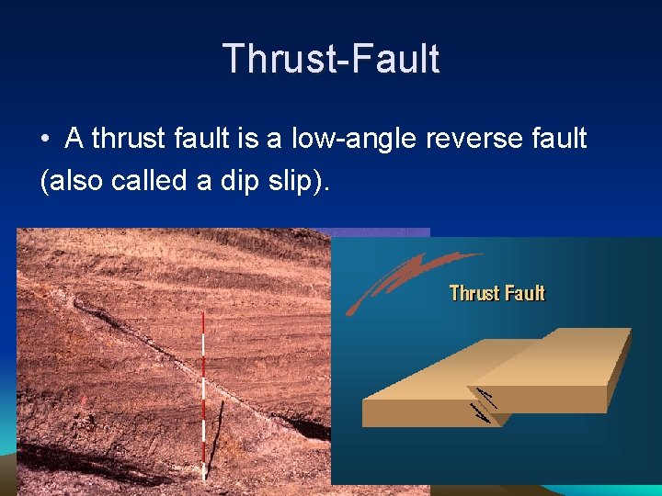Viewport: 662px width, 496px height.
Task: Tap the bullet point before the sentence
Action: [x=45, y=141]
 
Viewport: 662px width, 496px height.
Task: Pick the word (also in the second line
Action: [x=72, y=180]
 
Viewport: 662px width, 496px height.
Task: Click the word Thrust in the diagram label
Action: [x=473, y=293]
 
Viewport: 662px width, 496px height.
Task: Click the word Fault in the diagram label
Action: [x=524, y=293]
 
